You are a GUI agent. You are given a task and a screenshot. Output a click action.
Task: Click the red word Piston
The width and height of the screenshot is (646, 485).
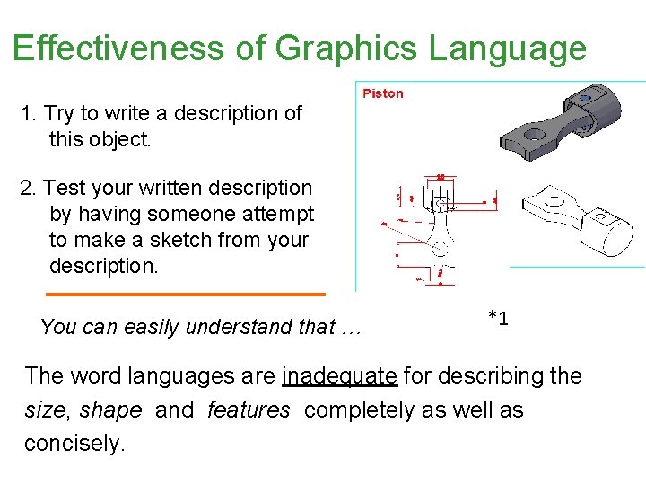(x=382, y=93)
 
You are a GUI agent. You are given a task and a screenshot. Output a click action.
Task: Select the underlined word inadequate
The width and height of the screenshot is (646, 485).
(x=339, y=375)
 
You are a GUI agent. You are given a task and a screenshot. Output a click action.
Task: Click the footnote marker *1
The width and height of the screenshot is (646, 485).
(x=498, y=318)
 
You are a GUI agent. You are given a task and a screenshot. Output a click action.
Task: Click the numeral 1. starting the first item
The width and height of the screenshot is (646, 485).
(x=29, y=114)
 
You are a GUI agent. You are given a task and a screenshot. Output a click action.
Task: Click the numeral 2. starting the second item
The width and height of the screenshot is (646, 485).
(x=29, y=189)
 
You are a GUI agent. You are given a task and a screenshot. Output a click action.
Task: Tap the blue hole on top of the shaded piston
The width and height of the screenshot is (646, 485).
(x=585, y=98)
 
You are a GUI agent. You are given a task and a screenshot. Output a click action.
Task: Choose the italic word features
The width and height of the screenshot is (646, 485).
(x=249, y=410)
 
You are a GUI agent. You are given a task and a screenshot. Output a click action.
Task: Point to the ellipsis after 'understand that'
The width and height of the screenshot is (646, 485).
(x=350, y=328)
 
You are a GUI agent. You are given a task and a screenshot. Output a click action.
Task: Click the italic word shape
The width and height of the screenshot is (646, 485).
(x=110, y=410)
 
